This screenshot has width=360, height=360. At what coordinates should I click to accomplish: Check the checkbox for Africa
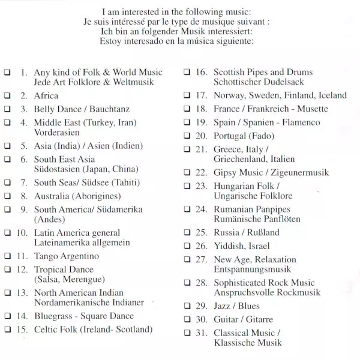(x=7, y=96)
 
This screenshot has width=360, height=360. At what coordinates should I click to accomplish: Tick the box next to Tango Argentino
(x=7, y=256)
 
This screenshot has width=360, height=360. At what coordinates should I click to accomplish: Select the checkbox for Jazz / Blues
(x=187, y=306)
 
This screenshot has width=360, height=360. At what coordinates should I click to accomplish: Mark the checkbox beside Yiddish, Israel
(x=187, y=246)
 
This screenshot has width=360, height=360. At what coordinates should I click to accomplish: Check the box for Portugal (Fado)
(x=187, y=136)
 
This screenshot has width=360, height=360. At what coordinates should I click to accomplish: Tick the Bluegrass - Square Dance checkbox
(x=7, y=316)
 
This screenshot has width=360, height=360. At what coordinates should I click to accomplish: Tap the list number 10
(x=22, y=233)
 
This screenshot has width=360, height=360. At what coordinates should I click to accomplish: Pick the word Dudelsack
(x=281, y=82)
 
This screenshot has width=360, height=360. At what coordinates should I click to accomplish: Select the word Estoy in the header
(x=113, y=41)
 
